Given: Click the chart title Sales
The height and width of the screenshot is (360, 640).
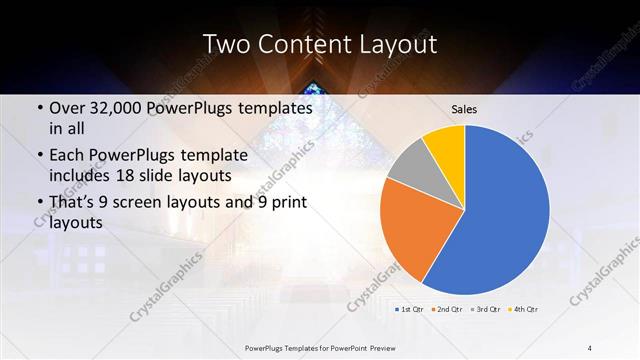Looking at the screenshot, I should [464, 106].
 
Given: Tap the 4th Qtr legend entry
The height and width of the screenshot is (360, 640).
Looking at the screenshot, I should [526, 309].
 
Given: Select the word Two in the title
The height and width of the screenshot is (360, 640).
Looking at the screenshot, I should [225, 45].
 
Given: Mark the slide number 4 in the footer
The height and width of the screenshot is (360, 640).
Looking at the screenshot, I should [590, 347].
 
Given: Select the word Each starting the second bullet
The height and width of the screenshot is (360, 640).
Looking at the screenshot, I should [67, 156].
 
